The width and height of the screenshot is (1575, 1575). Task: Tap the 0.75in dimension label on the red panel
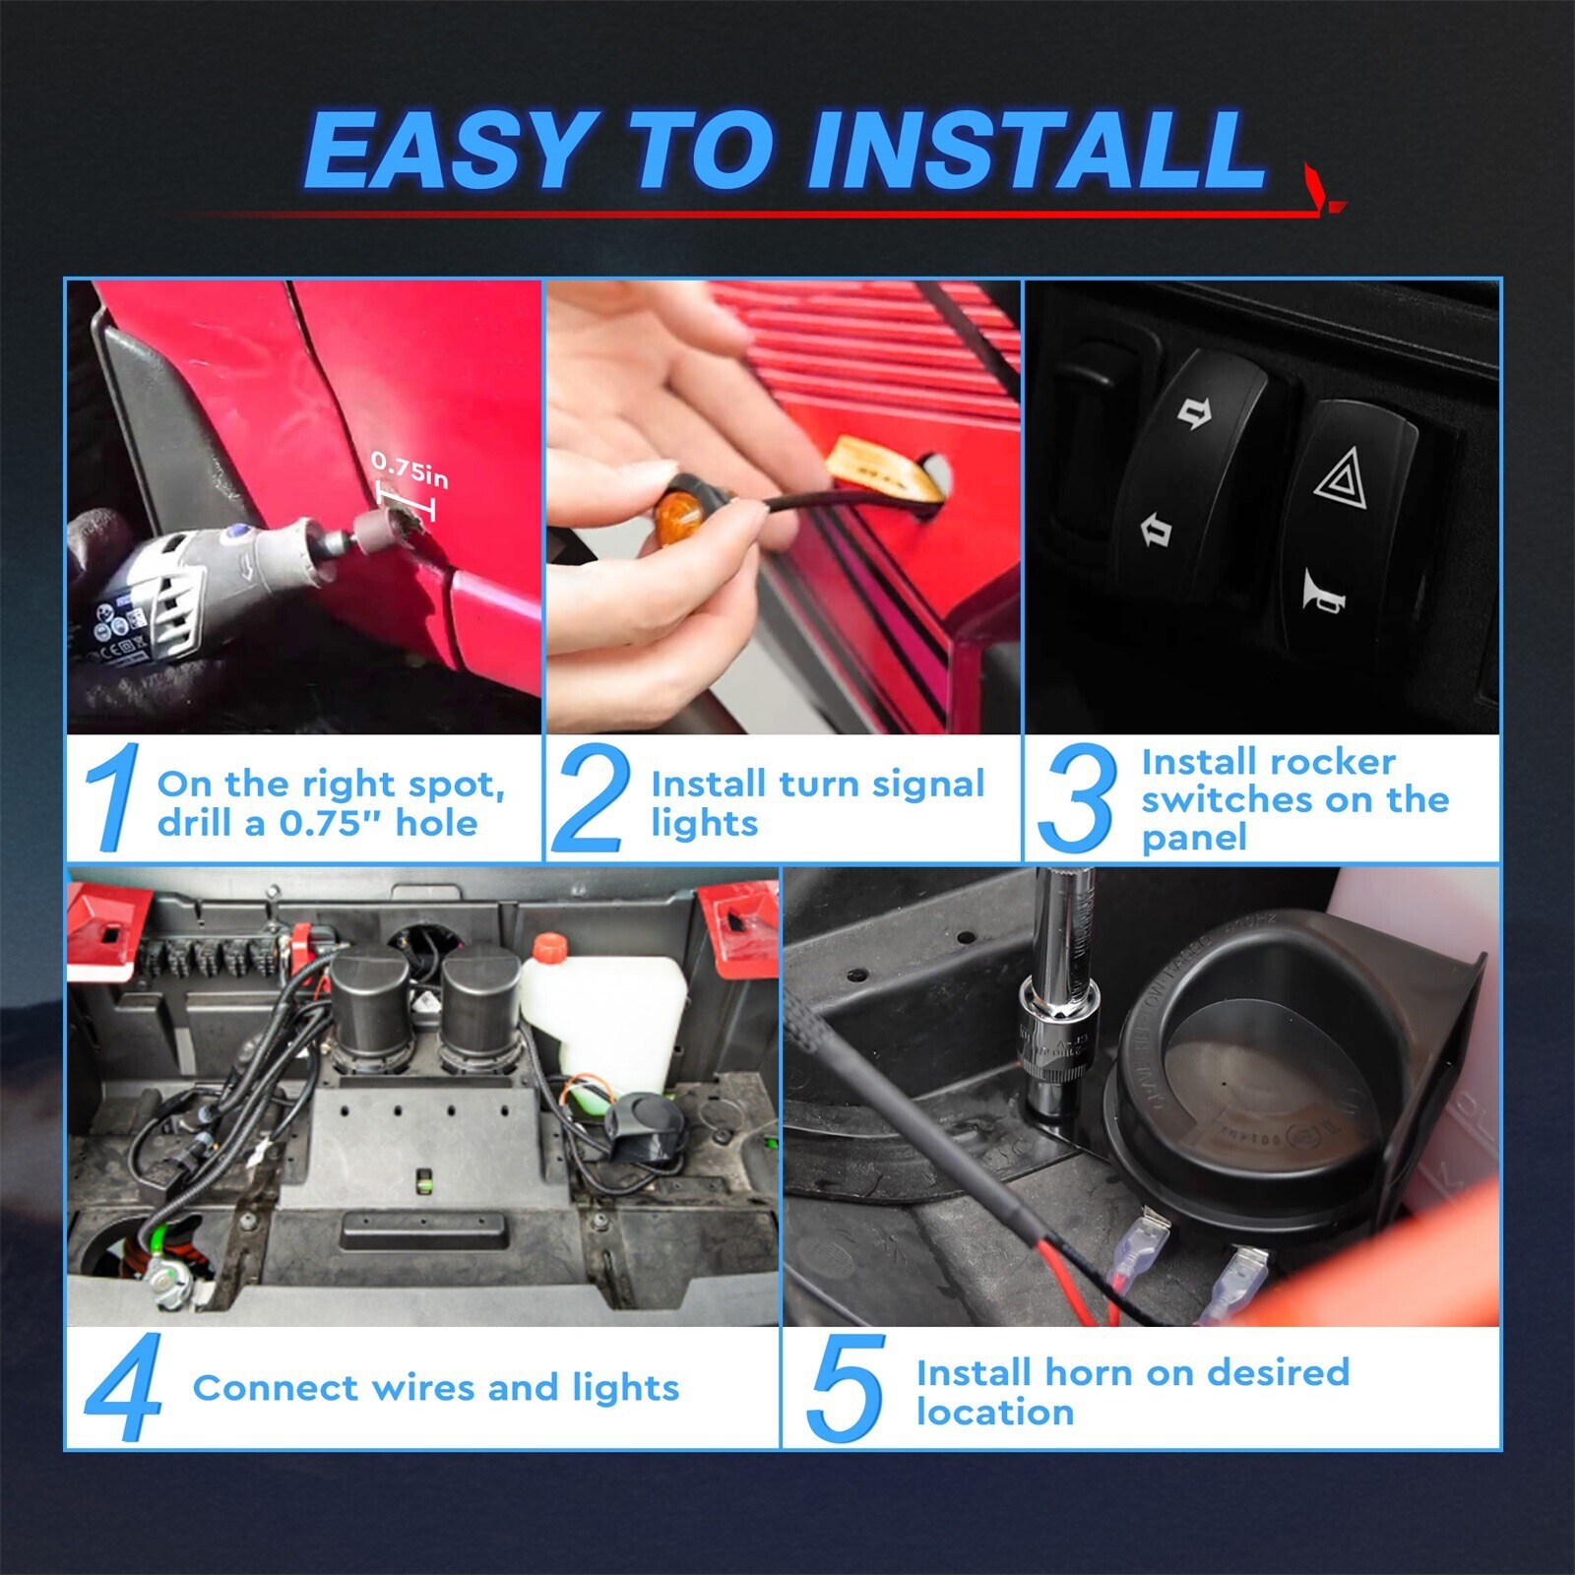tap(409, 471)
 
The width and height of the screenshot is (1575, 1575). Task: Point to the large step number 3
tap(1077, 797)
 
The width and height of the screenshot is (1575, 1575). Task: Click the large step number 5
tap(845, 1388)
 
